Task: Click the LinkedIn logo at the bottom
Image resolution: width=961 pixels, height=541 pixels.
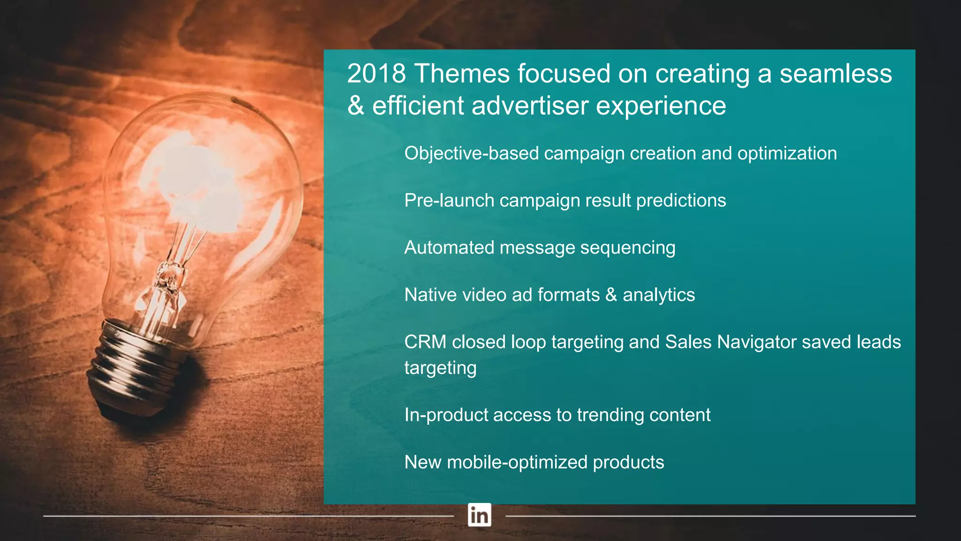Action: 479,515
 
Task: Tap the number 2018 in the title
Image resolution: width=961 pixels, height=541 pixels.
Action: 376,74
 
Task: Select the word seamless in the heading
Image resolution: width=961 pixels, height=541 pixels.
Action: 836,74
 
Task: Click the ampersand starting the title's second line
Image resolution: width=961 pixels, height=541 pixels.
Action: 356,106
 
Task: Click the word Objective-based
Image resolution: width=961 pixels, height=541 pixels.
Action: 471,154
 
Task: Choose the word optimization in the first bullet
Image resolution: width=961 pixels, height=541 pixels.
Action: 787,154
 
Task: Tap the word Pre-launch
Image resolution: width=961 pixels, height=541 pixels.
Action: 449,201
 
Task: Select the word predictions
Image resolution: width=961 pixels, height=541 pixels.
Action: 681,201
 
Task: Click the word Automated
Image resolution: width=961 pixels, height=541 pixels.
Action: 449,247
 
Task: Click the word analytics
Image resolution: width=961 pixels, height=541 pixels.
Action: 658,295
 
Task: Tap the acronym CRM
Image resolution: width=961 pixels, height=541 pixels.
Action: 425,342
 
